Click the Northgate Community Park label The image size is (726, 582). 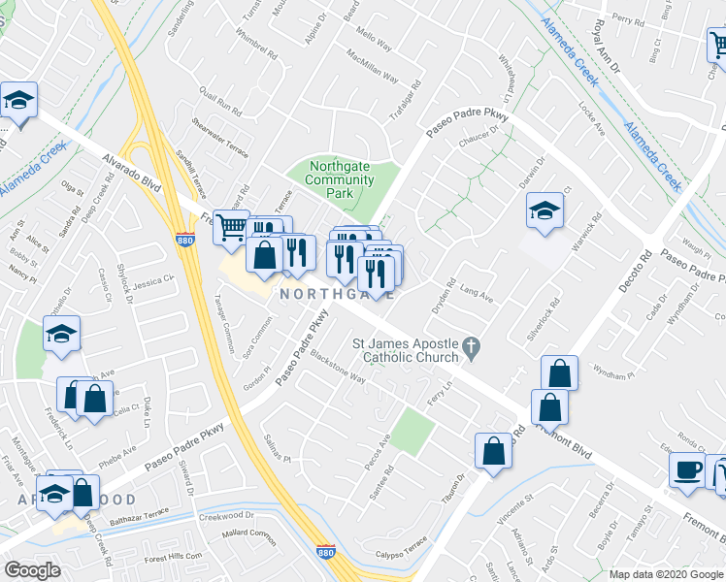pos(340,179)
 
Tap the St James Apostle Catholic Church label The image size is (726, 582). pos(405,350)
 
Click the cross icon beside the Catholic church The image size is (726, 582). pos(472,345)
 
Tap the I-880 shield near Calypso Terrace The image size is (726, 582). pos(327,552)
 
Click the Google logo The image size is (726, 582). pos(32,570)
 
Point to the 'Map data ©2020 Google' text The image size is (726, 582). pos(666,574)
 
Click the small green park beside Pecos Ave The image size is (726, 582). pos(412,431)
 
